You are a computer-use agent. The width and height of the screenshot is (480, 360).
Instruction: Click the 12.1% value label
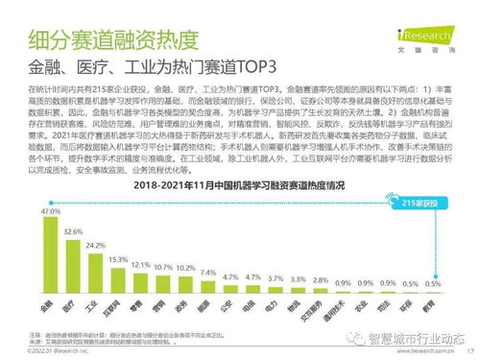click(x=141, y=264)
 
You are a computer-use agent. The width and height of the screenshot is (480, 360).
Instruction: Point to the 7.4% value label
click(x=208, y=272)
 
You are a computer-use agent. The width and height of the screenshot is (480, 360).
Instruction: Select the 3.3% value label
click(x=298, y=279)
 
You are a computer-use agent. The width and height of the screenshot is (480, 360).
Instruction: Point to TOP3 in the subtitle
click(x=257, y=69)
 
